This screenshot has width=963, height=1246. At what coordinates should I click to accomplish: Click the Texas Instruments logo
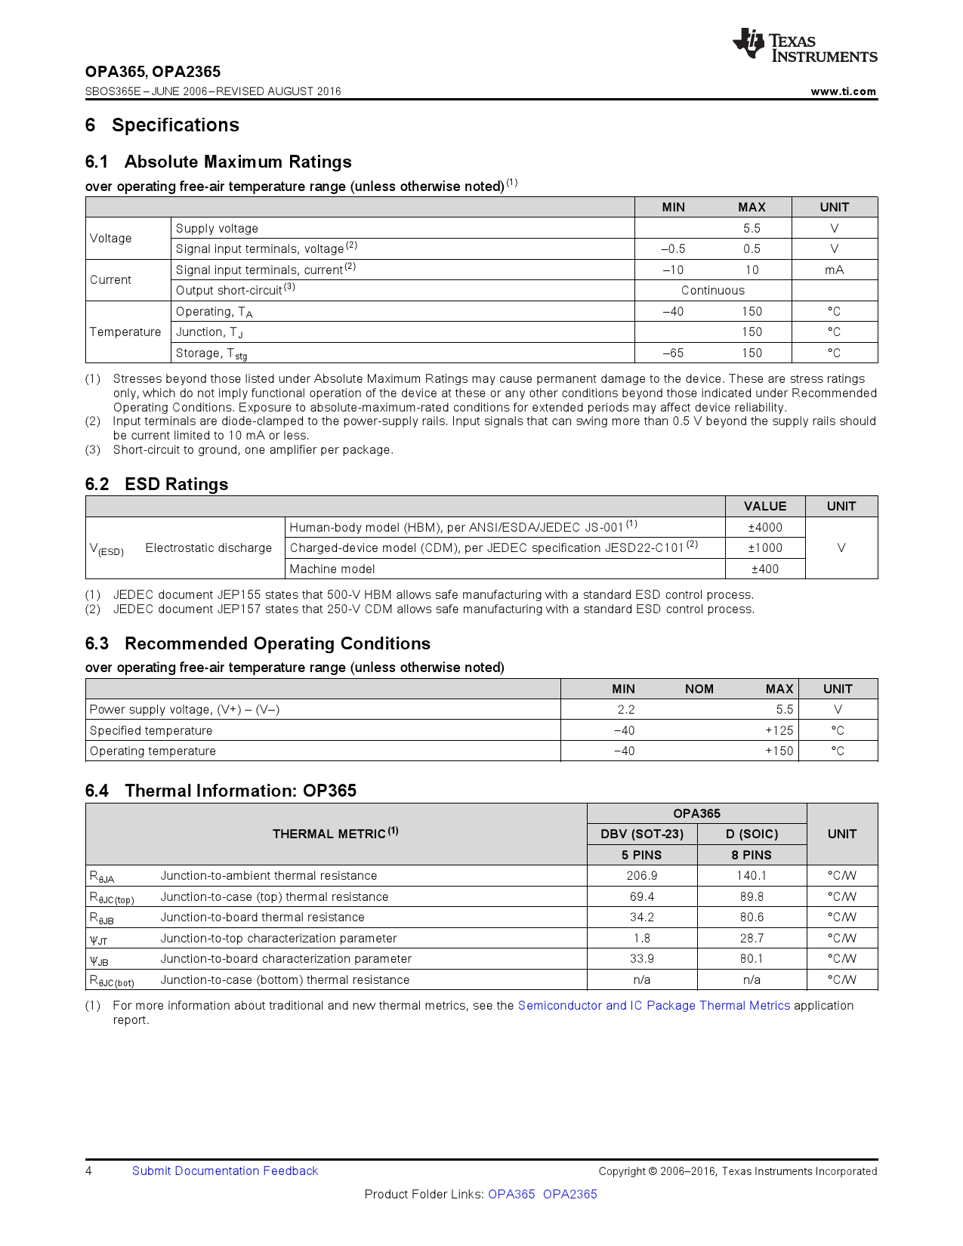[804, 45]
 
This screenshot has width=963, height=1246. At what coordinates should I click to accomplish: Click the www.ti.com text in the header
[843, 91]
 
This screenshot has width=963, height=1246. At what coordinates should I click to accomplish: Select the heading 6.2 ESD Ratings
[156, 484]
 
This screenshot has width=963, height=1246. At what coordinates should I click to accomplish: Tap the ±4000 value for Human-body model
[764, 527]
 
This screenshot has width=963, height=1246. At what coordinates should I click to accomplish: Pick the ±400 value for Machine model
[764, 569]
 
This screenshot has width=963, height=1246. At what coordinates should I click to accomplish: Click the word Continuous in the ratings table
[712, 291]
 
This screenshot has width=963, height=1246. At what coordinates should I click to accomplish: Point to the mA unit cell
[834, 270]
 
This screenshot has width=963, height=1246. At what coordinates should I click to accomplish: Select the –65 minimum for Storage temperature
[672, 353]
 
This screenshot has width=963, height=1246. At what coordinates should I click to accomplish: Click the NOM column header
[699, 689]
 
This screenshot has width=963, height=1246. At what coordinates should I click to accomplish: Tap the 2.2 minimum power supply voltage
[625, 710]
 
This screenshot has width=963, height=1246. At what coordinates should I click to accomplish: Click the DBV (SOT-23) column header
[641, 834]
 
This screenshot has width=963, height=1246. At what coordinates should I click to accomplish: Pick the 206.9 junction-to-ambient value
[641, 876]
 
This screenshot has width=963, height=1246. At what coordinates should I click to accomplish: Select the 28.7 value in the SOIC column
[752, 938]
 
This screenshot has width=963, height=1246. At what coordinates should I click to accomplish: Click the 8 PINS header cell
[752, 855]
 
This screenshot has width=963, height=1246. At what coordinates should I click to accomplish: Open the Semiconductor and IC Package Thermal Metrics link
[653, 1006]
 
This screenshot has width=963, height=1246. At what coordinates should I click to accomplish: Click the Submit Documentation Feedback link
[224, 1170]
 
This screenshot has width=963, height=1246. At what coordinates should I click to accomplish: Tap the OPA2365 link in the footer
[569, 1194]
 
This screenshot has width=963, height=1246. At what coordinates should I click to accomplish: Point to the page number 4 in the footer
[89, 1170]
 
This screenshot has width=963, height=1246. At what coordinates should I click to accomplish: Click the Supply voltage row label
[217, 228]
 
